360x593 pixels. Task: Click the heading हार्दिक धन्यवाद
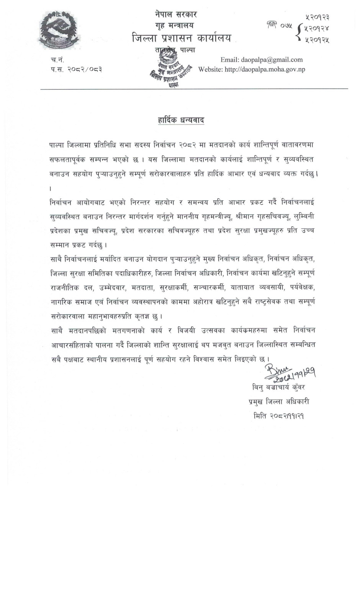(181, 120)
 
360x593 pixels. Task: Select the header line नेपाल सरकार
(176, 15)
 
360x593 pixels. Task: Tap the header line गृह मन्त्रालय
(175, 26)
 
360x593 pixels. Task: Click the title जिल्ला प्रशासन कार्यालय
(181, 38)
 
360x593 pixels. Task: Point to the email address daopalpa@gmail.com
(272, 59)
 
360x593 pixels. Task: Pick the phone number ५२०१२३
(317, 17)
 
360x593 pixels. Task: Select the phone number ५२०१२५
(317, 39)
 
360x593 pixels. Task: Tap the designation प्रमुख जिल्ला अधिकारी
(278, 401)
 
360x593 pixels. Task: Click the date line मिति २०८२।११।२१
(278, 416)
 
